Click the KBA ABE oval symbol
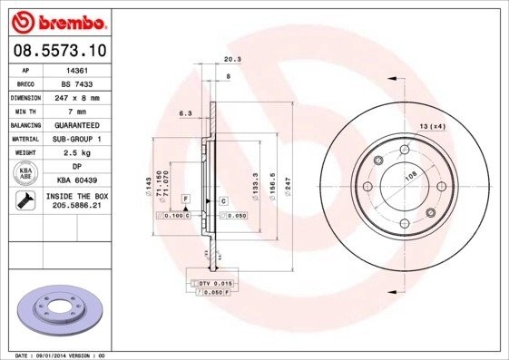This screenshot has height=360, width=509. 26,173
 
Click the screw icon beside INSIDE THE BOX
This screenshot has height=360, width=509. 26,201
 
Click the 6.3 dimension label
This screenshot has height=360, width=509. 186,113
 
